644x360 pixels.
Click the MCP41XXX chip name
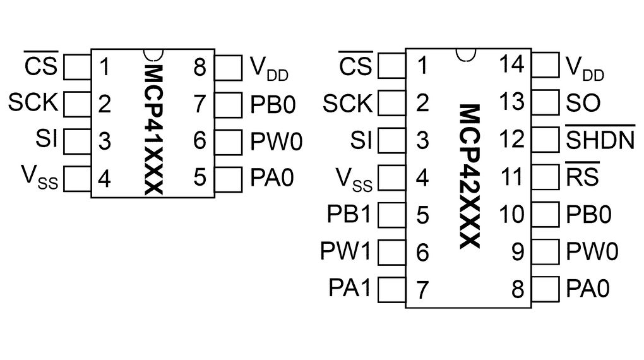pos(153,129)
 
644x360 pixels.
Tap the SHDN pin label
pos(599,140)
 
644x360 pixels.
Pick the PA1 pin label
pos(349,289)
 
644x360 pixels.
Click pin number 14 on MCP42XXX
pos(511,64)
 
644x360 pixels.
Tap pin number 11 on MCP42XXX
pos(511,177)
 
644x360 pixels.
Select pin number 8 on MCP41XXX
pos(200,66)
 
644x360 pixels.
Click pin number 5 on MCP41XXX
pos(200,177)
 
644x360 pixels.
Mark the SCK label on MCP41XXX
pos(33,102)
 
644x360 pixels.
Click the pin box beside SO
pos(546,102)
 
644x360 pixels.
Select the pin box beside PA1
pos(391,290)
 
